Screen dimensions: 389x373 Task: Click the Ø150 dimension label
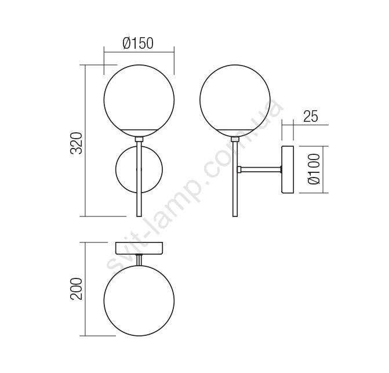pos(138,43)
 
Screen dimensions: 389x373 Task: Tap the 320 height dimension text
pos(76,143)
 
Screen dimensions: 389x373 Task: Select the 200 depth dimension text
pos(76,289)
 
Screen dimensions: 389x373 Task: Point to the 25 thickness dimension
pos(310,116)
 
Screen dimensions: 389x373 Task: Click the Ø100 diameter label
pos(314,169)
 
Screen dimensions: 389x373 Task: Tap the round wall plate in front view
pos(115,169)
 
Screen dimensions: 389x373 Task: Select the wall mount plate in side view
pos(288,169)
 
